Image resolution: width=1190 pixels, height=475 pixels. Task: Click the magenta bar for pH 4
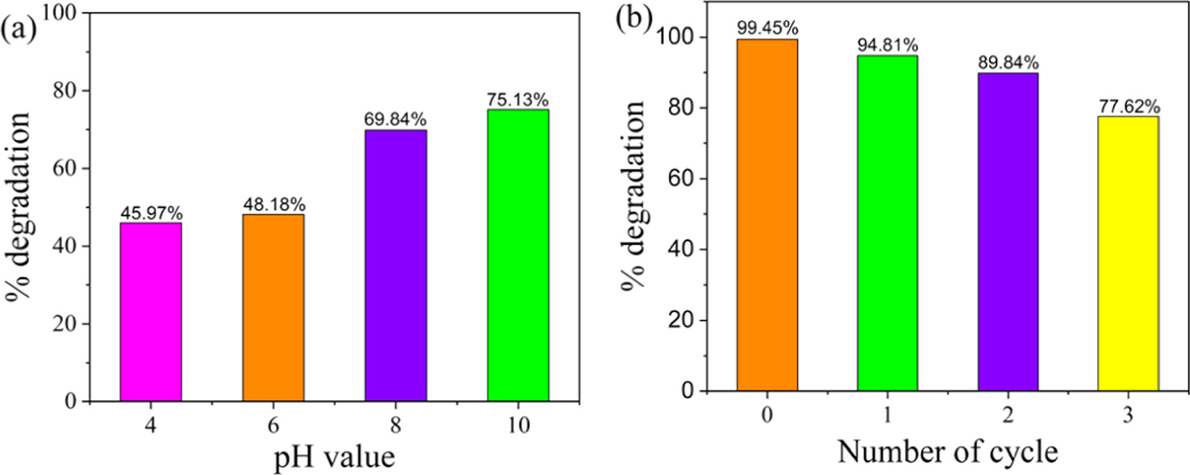(x=151, y=312)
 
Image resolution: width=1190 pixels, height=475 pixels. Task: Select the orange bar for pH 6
(x=273, y=308)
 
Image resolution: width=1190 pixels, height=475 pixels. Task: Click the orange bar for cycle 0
(x=767, y=215)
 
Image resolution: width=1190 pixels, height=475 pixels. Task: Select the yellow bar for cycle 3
(x=1128, y=254)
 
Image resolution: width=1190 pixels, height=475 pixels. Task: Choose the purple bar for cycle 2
(x=1008, y=232)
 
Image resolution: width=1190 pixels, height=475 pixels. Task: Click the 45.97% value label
(x=151, y=213)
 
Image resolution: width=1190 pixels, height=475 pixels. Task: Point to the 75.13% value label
(x=518, y=100)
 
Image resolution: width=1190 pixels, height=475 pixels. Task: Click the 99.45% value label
(x=767, y=28)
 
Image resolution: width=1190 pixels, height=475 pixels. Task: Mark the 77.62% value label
(x=1129, y=107)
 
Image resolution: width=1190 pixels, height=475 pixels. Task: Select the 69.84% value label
(x=395, y=119)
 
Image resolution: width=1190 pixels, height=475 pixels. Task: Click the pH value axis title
(x=334, y=457)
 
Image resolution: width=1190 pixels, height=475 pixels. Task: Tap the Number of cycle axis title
(x=947, y=452)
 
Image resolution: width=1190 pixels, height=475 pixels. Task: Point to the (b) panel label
(x=633, y=19)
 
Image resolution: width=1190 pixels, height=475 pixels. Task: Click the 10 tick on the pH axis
(x=518, y=424)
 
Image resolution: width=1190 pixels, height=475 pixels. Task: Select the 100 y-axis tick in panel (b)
(x=677, y=37)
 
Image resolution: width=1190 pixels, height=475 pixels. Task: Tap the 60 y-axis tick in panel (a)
(x=66, y=169)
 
